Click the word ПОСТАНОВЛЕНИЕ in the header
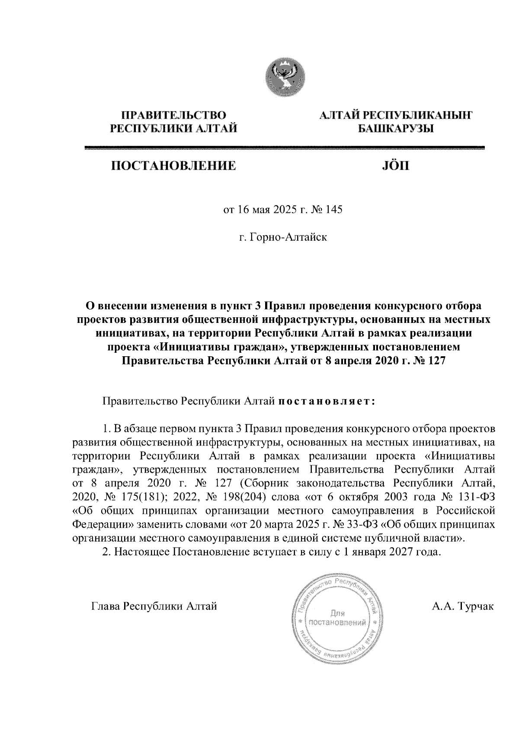(x=174, y=166)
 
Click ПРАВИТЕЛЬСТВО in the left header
(x=174, y=116)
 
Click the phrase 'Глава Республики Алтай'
(x=154, y=606)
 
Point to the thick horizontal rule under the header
(x=285, y=148)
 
